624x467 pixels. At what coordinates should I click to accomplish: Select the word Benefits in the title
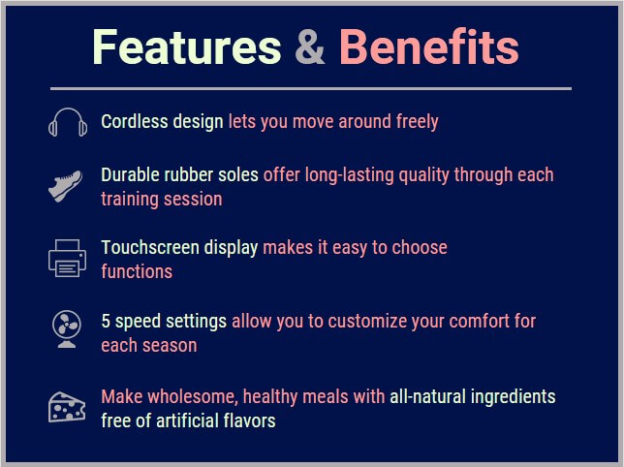pos(428,47)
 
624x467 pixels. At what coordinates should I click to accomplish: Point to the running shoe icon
pos(66,185)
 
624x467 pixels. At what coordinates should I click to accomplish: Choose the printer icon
pos(67,258)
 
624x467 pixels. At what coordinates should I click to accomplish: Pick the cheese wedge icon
pos(67,406)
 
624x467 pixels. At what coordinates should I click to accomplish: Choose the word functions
pos(137,271)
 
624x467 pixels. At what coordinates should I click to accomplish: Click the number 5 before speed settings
pos(106,321)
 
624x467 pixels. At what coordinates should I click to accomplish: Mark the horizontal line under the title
pos(310,89)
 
